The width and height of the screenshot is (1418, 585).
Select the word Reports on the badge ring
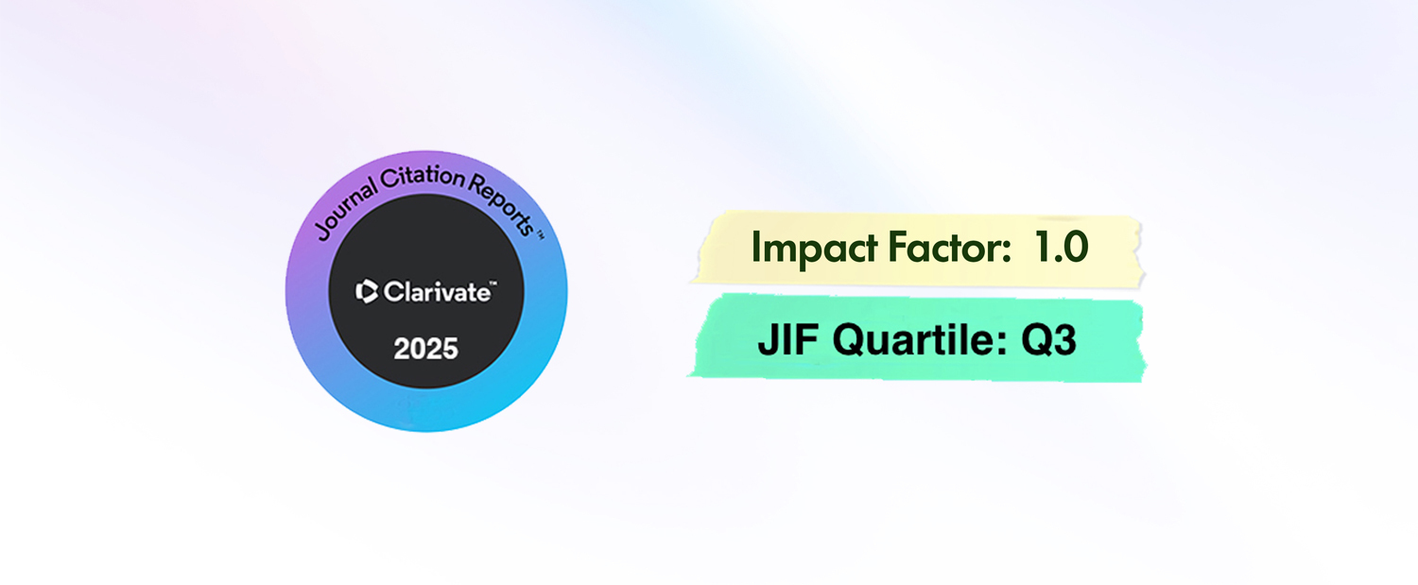(502, 202)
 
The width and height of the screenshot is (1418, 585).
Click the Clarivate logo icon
(367, 292)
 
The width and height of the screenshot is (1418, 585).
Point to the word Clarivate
(437, 292)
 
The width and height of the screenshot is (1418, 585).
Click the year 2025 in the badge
(425, 349)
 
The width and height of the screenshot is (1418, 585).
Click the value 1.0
(1061, 248)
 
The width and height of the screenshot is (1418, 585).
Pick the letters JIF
(788, 340)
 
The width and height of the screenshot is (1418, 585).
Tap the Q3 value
(1048, 341)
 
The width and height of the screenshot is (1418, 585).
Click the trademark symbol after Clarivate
(493, 284)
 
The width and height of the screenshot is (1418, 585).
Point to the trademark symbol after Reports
(540, 236)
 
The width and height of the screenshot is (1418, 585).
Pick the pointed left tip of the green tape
(687, 376)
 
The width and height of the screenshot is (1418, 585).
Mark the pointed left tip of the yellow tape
(691, 281)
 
